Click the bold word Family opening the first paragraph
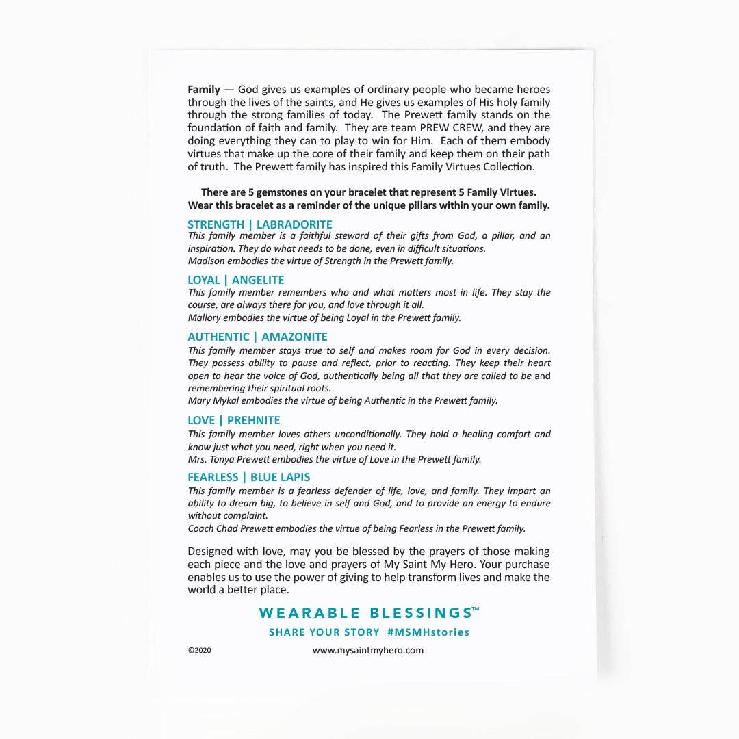[204, 89]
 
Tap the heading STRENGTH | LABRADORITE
[259, 224]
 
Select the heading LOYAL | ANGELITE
[235, 280]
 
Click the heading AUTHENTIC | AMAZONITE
[257, 337]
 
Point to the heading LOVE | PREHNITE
[233, 420]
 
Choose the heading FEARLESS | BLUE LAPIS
[248, 477]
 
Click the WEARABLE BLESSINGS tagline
[365, 612]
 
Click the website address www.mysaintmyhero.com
[368, 651]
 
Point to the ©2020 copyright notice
[199, 651]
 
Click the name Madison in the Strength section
[206, 261]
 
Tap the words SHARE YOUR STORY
[324, 632]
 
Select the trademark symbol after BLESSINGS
[476, 608]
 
